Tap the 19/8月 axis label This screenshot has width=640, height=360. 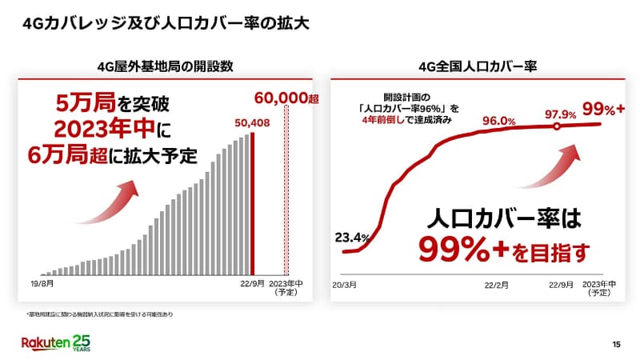coord(42,283)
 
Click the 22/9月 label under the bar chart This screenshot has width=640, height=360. coord(252,283)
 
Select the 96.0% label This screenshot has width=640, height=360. coord(498,121)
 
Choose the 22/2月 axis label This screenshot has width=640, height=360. coord(498,283)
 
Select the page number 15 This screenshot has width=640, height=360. coord(615,344)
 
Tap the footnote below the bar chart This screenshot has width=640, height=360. coord(100,314)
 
